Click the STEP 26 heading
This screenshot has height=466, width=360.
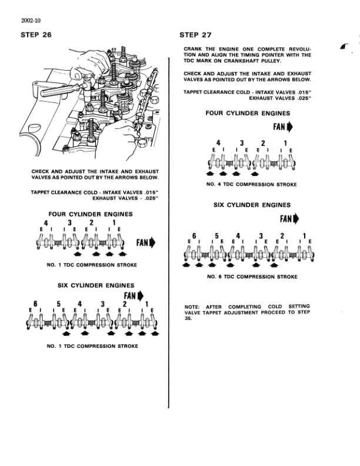(36, 35)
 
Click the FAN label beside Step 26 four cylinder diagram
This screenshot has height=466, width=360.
(145, 242)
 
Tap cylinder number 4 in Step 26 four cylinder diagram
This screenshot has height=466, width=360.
(46, 223)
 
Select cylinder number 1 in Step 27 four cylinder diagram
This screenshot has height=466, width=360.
(285, 143)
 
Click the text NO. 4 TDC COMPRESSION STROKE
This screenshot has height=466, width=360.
(251, 185)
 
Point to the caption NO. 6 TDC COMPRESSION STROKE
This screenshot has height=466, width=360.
(251, 277)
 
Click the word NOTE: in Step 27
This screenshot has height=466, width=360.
(192, 307)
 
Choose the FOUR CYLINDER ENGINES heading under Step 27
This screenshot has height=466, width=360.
(248, 113)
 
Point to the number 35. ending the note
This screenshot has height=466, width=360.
(188, 321)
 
